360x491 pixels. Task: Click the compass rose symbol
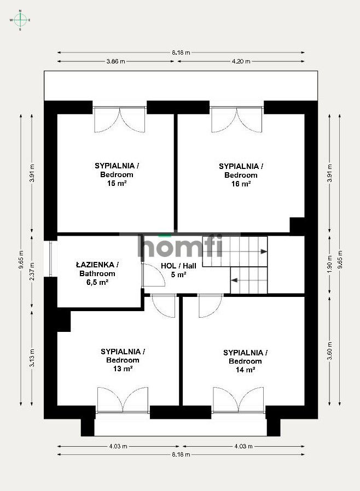click(20, 20)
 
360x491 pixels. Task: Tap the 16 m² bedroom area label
click(241, 184)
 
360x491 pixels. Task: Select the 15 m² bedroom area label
click(117, 183)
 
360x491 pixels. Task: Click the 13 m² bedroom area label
click(123, 369)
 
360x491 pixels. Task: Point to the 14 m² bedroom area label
click(245, 370)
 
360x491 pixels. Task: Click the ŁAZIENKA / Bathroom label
click(97, 269)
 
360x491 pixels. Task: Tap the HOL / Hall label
click(178, 266)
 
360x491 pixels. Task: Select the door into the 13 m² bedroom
click(163, 305)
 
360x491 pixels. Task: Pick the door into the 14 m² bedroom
click(211, 305)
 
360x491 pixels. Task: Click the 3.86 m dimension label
click(115, 61)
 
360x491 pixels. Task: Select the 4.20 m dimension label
click(241, 61)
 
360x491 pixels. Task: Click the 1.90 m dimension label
click(329, 265)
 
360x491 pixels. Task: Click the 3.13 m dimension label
click(32, 358)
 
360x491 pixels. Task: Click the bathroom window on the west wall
click(51, 259)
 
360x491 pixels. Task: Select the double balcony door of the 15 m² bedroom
click(120, 119)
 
